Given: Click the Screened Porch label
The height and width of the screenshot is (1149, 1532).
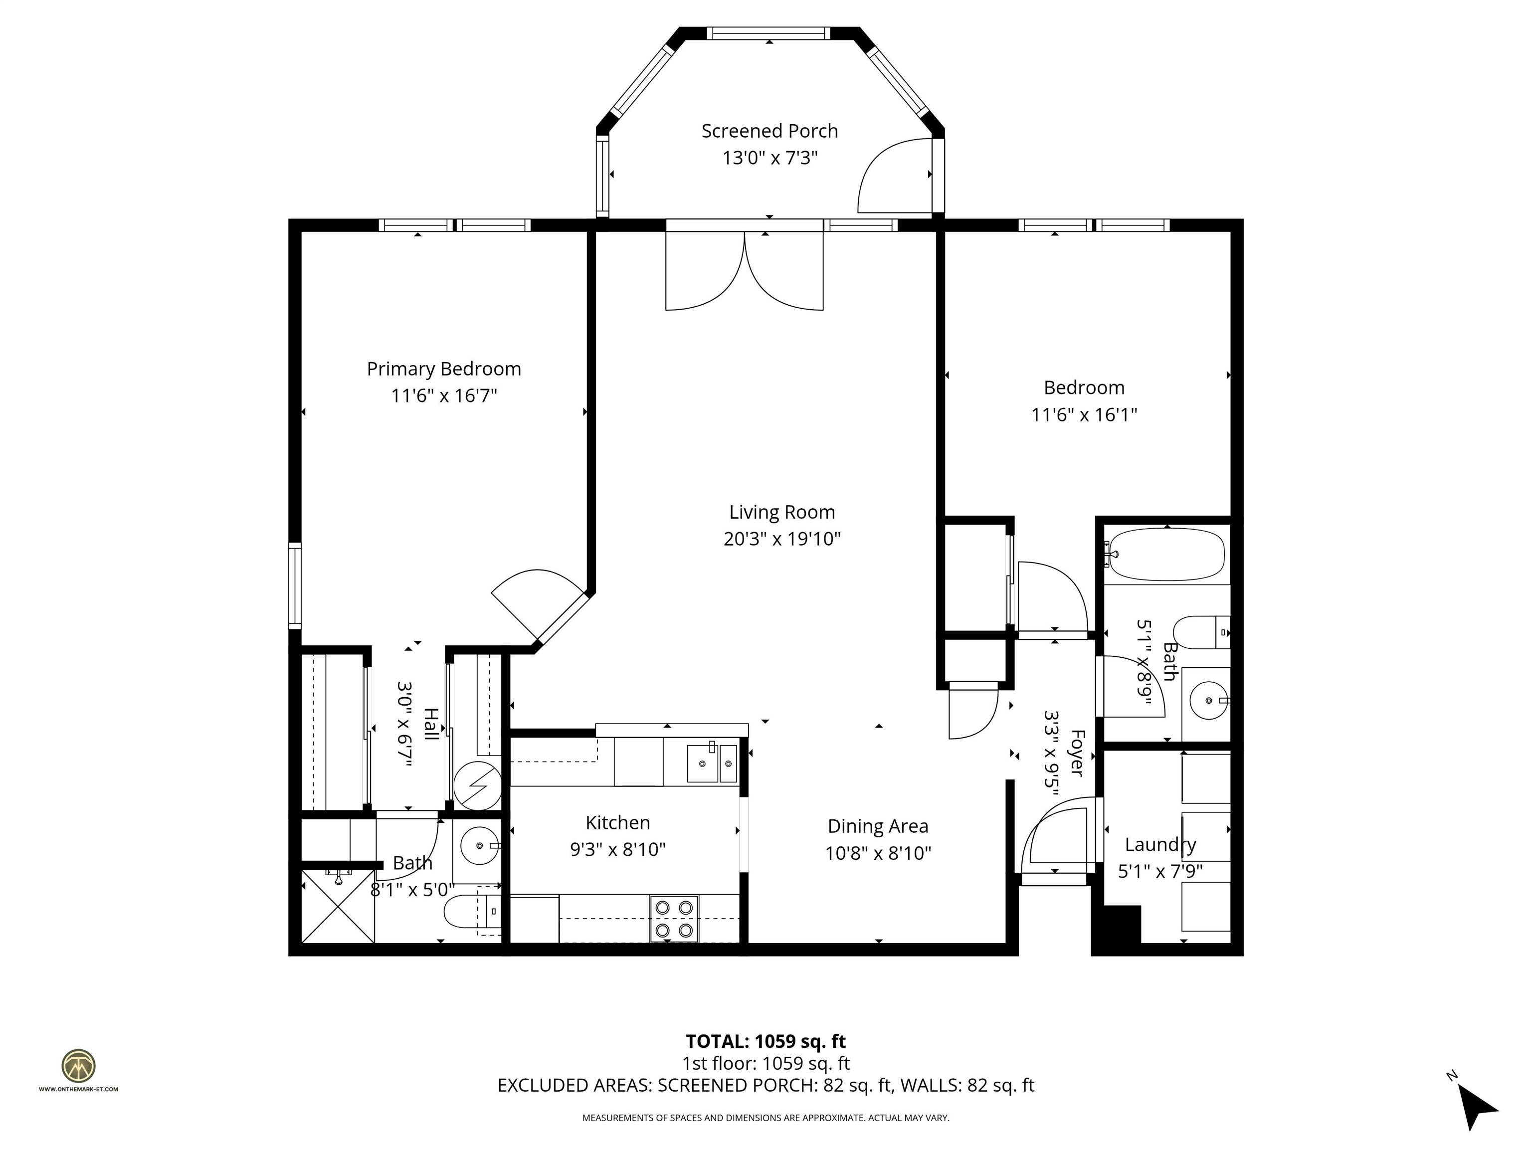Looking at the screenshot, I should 769,131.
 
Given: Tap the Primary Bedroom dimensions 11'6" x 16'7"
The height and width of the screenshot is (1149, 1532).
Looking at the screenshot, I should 444,396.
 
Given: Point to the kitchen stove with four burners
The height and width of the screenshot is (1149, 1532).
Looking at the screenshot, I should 674,919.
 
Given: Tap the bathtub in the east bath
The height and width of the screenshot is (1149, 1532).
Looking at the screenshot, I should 1166,555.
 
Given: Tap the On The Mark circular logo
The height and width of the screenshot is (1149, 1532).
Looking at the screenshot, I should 78,1066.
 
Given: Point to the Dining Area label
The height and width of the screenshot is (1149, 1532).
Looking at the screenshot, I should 878,826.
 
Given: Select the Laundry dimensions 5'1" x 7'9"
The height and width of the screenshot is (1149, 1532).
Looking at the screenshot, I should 1160,871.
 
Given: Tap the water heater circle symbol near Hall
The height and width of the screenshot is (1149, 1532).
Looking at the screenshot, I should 477,785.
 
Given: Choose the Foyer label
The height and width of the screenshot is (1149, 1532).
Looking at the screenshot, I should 1076,752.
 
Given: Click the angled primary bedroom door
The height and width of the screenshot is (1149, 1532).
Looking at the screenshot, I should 537,602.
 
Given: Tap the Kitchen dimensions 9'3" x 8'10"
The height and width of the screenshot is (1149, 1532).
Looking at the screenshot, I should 618,850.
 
